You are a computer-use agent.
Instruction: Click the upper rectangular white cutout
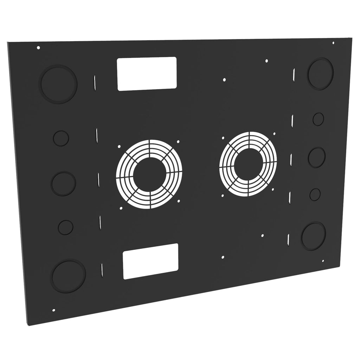point(147,74)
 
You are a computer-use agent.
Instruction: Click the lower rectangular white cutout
point(151,261)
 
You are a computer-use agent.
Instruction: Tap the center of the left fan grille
point(149,174)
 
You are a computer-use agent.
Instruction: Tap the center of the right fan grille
point(248,164)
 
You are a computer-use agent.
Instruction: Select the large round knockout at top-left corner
point(59,84)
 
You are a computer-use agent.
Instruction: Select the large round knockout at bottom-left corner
point(69,276)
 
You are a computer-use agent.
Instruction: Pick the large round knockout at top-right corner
point(320,74)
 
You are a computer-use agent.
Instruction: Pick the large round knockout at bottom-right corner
point(314,236)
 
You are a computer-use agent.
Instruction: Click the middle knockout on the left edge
point(64,184)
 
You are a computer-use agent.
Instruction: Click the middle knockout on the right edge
point(317,157)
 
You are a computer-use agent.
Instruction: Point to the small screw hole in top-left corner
point(38,47)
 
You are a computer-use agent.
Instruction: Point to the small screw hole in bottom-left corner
point(53,310)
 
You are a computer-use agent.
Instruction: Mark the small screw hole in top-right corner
point(333,43)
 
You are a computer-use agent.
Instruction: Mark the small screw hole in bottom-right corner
point(323,261)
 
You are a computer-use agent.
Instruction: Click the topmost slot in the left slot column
point(95,82)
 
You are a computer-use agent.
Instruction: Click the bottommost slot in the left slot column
point(102,270)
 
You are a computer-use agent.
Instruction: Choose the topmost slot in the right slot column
point(294,74)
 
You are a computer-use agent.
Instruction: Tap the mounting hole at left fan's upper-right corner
point(178,142)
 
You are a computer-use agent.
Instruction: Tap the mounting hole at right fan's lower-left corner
point(223,196)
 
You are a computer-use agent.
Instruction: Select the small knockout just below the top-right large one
point(318,119)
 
